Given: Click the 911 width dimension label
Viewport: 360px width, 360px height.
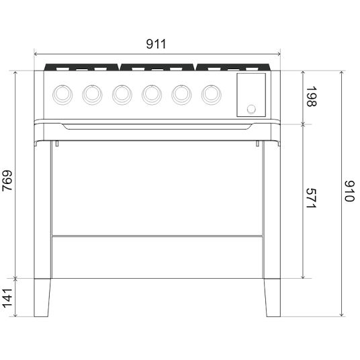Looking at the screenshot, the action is pos(156,44).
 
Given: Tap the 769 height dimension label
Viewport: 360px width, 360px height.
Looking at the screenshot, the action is pos(7,181).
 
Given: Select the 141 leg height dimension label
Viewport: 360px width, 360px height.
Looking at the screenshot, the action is pos(7,298).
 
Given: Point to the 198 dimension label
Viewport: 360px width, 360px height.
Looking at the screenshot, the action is pos(312,96).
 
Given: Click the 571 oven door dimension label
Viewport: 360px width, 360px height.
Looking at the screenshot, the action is pos(312,198).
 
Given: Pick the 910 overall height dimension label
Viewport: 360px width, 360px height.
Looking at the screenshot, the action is pos(350,191).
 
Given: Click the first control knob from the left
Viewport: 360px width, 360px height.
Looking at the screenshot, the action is pos(62,95).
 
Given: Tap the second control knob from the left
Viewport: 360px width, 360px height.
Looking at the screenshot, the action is pos(92,95).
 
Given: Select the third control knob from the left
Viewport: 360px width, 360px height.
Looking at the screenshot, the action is pos(122,95).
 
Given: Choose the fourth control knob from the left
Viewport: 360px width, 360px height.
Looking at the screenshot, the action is pos(152,95).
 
